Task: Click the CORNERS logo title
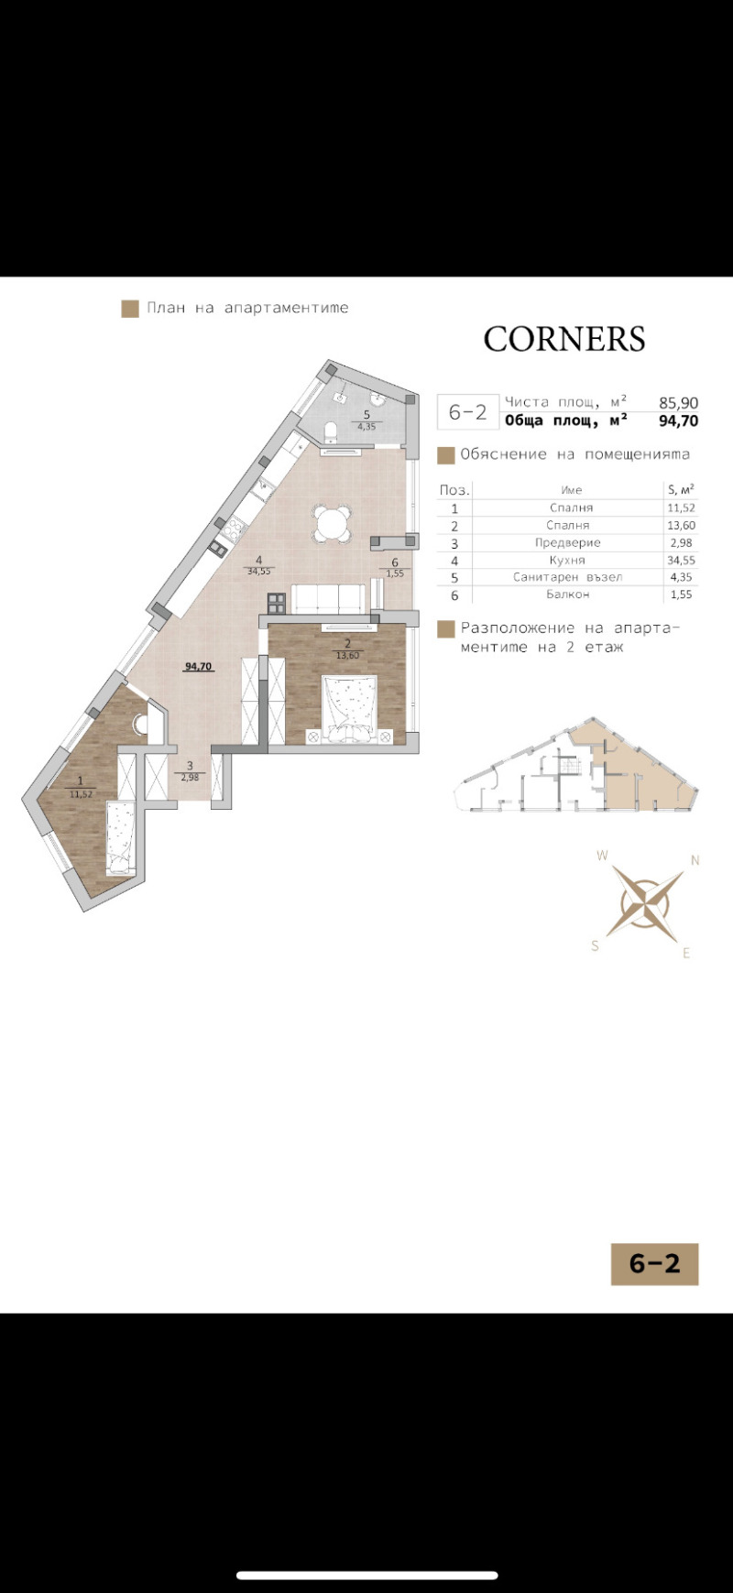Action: [x=564, y=339]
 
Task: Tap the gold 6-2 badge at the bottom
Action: [x=654, y=1264]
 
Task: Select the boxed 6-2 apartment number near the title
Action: [x=467, y=411]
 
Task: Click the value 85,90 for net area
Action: [x=678, y=402]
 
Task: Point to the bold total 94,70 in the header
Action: [x=678, y=421]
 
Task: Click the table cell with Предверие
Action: [x=568, y=542]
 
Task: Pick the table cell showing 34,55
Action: [x=681, y=560]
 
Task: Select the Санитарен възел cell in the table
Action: [x=574, y=577]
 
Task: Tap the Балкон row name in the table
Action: [x=568, y=595]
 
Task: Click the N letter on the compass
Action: [x=695, y=860]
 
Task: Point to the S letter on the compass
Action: [x=595, y=946]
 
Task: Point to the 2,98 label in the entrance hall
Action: [x=190, y=777]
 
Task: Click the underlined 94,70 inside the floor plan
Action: [x=198, y=666]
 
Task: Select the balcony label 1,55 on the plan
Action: [x=395, y=573]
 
